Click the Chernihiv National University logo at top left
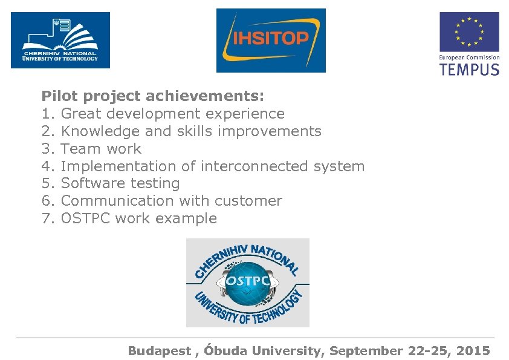click(x=60, y=40)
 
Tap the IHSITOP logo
click(x=271, y=40)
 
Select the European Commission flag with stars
click(x=469, y=32)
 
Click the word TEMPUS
click(x=469, y=69)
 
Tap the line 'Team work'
click(x=101, y=149)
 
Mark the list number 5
click(x=47, y=184)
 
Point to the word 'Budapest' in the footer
click(x=159, y=351)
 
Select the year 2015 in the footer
click(x=473, y=351)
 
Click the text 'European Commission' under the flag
click(x=469, y=57)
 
